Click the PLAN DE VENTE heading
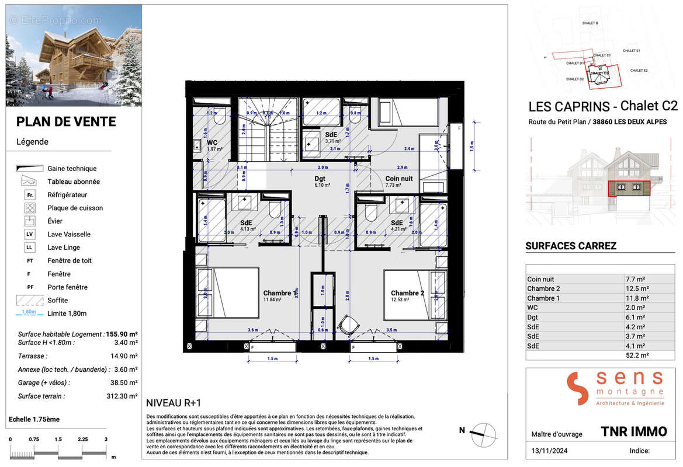(x=66, y=121)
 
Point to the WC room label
(x=212, y=142)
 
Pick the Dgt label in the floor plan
(x=319, y=179)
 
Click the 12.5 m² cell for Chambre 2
(x=636, y=288)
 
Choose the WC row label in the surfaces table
(x=532, y=308)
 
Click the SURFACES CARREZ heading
(x=571, y=246)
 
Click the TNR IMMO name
(x=633, y=431)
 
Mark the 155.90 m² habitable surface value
(x=122, y=334)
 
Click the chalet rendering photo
(x=74, y=55)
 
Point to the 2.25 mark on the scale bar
(x=82, y=440)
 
